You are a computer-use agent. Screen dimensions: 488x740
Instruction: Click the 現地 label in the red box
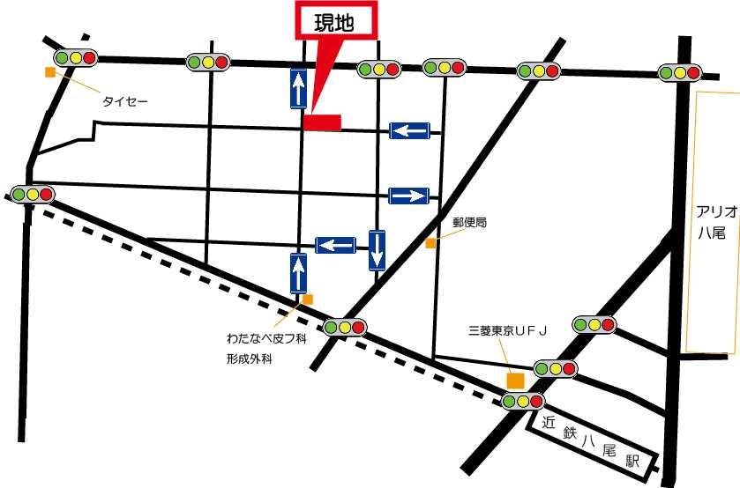334,24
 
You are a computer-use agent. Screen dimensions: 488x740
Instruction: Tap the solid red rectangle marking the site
322,122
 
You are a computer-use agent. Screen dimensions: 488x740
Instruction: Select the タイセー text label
124,102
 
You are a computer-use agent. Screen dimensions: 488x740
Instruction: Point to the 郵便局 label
469,224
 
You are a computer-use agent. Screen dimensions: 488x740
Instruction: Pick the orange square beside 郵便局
430,242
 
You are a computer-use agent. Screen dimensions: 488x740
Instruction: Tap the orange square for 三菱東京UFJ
515,380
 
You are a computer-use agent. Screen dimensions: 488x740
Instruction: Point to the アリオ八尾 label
710,224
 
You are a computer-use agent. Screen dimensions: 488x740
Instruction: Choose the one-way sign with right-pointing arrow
409,196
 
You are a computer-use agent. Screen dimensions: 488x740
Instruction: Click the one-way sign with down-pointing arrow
377,249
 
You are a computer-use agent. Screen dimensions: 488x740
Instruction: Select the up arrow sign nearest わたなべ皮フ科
298,272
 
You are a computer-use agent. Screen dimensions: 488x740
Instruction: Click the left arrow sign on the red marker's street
409,131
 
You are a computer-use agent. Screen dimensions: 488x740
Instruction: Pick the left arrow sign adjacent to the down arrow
336,244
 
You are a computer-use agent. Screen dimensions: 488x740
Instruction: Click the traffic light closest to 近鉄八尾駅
522,401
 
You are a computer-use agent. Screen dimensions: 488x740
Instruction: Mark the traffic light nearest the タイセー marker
75,58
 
